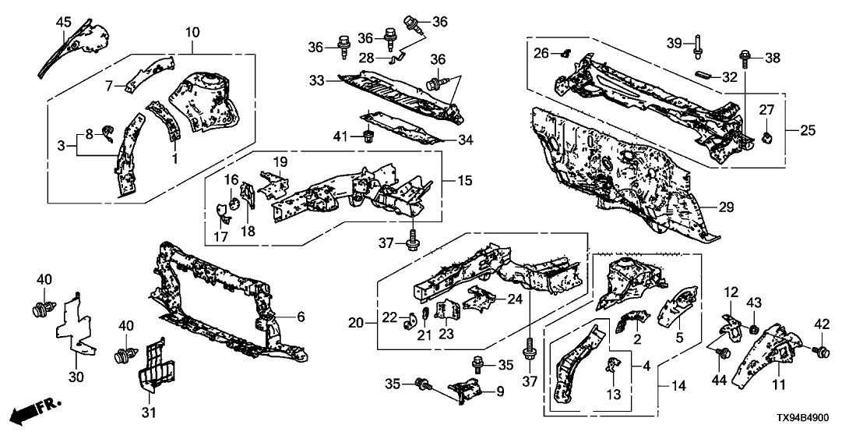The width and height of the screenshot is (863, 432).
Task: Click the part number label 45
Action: coord(62,21)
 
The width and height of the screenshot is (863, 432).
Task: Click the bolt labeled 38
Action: coord(745,57)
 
